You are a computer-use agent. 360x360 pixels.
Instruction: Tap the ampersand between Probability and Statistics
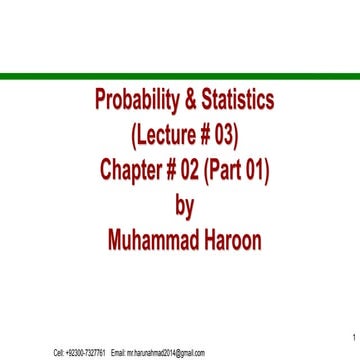pos(188,100)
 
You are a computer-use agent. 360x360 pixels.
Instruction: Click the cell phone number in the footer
pos(87,352)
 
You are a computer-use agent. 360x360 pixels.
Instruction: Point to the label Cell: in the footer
pos(59,352)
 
